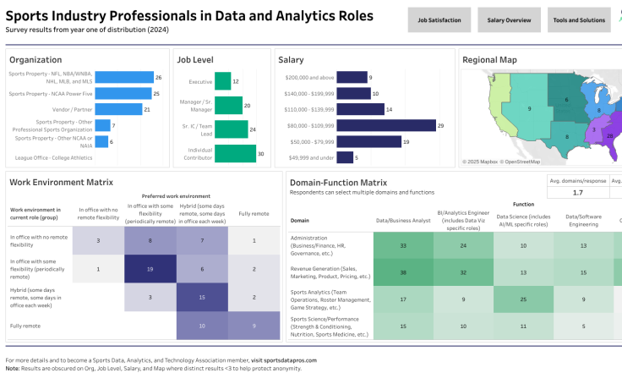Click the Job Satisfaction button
[439, 19]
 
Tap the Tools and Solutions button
[579, 19]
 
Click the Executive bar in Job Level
[222, 81]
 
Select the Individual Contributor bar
[235, 154]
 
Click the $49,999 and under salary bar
[344, 157]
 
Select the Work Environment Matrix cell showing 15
[202, 297]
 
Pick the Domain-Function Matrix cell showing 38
[403, 272]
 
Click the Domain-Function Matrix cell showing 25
[523, 299]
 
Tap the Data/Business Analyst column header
[403, 220]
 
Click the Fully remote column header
[254, 213]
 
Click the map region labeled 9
[529, 108]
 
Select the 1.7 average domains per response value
[576, 192]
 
